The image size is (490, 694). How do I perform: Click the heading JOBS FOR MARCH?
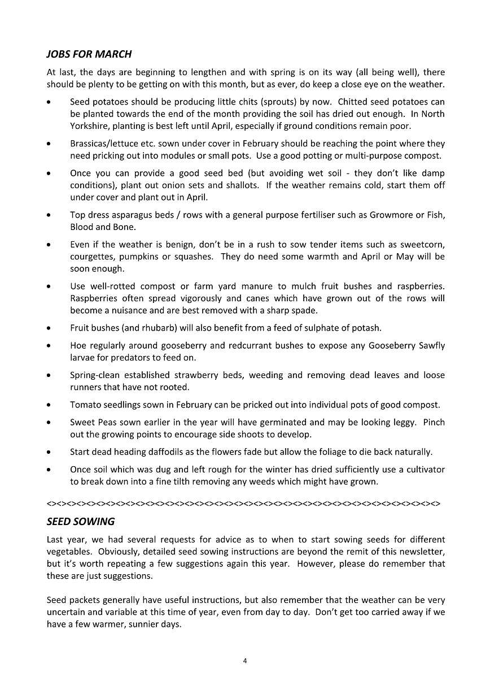pyautogui.click(x=89, y=54)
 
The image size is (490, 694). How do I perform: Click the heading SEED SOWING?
pyautogui.click(x=80, y=521)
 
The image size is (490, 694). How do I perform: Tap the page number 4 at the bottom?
pyautogui.click(x=245, y=661)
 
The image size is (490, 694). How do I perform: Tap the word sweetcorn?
pyautogui.click(x=421, y=245)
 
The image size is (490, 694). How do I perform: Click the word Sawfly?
pyautogui.click(x=431, y=346)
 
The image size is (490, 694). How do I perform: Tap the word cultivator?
pyautogui.click(x=422, y=470)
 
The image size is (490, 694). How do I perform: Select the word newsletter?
pyautogui.click(x=418, y=552)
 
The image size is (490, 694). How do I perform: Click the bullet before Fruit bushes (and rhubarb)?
pyautogui.click(x=50, y=328)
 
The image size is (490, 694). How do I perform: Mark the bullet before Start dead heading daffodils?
pyautogui.click(x=50, y=453)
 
